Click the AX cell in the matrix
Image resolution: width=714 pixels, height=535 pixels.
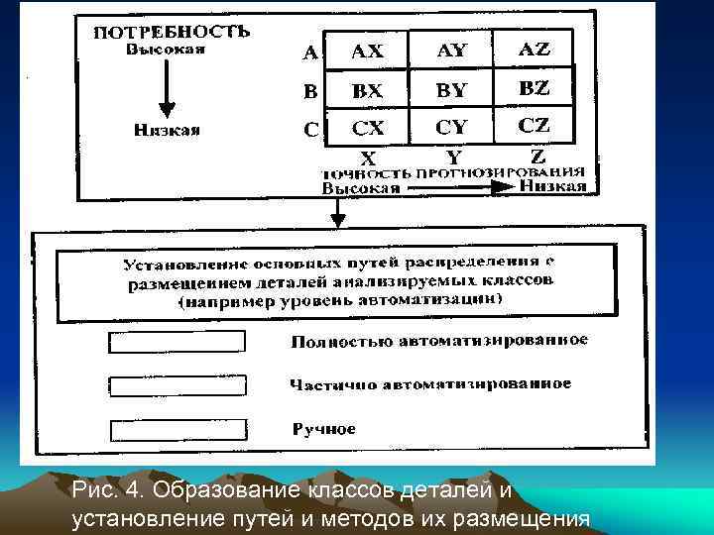(368, 52)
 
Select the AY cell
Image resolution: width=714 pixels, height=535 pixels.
(451, 51)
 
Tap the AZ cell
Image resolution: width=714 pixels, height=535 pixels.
(534, 49)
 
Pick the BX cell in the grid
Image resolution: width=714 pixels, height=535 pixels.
(368, 90)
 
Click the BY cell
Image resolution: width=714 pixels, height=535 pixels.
(451, 90)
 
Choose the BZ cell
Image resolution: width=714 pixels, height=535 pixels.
(534, 88)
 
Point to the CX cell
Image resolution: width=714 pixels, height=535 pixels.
(368, 128)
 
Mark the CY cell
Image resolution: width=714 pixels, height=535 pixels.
(451, 128)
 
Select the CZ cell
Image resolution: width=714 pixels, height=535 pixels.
(534, 126)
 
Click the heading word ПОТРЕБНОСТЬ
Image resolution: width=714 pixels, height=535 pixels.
(172, 31)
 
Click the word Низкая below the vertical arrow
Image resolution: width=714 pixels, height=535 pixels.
(167, 129)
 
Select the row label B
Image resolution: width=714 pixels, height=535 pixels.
(310, 91)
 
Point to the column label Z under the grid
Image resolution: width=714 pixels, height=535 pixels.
(537, 156)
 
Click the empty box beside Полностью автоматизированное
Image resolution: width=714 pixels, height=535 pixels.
(176, 341)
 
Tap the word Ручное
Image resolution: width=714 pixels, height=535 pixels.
(323, 429)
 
